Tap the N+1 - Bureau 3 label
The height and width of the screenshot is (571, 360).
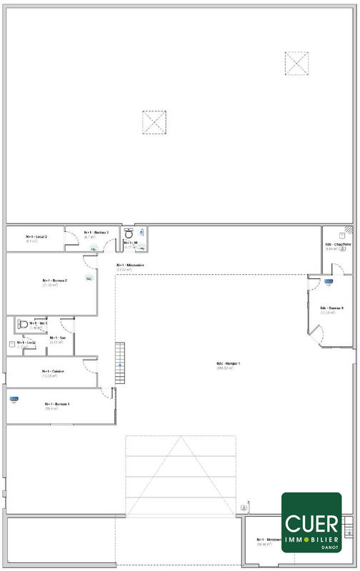click(x=96, y=232)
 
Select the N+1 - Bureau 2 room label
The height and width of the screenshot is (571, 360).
click(x=55, y=281)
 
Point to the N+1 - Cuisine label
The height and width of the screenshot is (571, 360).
click(x=54, y=371)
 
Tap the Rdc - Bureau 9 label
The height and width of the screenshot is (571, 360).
click(x=331, y=308)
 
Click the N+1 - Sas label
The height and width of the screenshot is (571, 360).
click(x=58, y=338)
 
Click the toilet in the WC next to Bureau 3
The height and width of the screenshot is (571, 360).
click(x=129, y=233)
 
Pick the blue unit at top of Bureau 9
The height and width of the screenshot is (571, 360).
click(x=329, y=282)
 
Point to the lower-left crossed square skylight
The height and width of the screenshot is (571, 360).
click(x=154, y=122)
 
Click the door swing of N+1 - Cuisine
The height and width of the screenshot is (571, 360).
click(x=89, y=365)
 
